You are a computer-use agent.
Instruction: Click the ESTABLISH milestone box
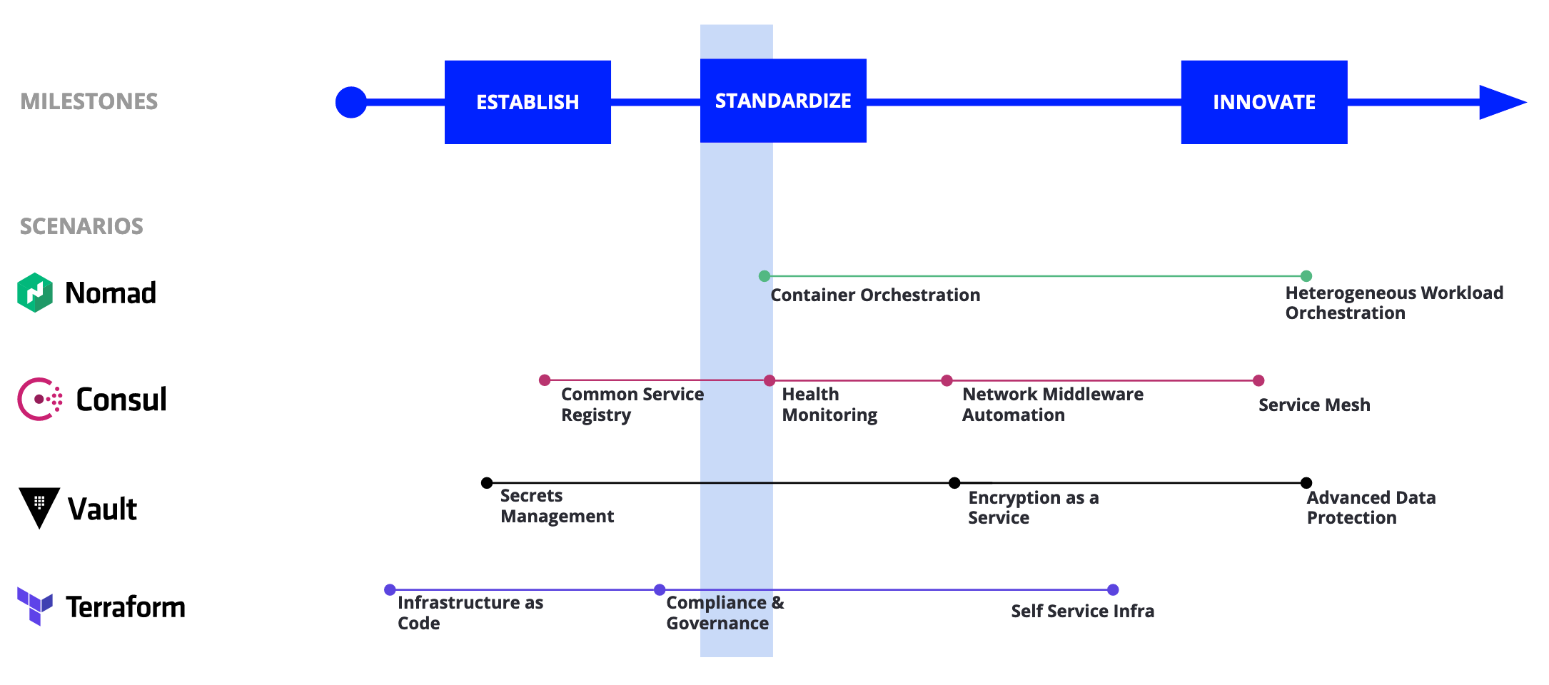[528, 102]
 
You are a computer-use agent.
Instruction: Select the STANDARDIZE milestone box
[783, 101]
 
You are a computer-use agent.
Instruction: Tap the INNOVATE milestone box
[1264, 102]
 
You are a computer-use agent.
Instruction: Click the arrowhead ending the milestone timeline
[1503, 102]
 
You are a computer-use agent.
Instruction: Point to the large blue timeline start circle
[351, 102]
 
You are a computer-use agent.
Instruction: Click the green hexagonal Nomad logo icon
[35, 293]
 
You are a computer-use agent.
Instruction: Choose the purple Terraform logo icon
[35, 607]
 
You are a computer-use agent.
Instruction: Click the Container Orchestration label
[875, 295]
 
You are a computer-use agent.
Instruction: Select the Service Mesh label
[1314, 405]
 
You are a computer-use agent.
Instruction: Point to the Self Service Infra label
[1083, 612]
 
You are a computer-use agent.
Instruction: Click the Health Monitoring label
[829, 405]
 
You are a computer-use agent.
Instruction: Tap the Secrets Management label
[557, 506]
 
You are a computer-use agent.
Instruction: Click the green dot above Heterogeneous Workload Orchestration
[1306, 276]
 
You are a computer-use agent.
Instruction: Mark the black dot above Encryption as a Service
[954, 483]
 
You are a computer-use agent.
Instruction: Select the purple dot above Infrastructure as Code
[390, 590]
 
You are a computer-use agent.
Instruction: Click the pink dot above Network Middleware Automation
[947, 381]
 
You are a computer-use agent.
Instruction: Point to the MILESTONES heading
[89, 101]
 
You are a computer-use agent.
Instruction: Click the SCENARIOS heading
[81, 226]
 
